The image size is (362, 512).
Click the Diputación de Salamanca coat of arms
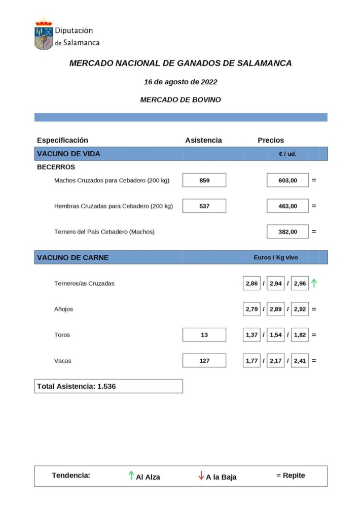(x=44, y=35)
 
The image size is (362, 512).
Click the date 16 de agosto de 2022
(x=180, y=82)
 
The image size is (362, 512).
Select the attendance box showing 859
(x=204, y=180)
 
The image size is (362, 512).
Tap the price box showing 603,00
(x=287, y=180)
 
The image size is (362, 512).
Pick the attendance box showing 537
(x=204, y=206)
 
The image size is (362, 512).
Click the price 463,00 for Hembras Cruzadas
(x=287, y=206)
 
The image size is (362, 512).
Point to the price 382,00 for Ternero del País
(x=287, y=232)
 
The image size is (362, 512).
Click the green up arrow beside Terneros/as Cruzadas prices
(x=314, y=283)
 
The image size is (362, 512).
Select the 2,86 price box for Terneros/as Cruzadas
(x=251, y=284)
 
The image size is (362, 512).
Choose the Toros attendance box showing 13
(x=204, y=335)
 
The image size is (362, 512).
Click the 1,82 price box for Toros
(x=300, y=335)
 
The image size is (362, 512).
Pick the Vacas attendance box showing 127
(x=204, y=361)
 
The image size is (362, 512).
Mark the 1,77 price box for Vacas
(x=251, y=361)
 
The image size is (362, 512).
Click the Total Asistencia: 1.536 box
(x=108, y=386)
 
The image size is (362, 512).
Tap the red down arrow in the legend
(x=201, y=476)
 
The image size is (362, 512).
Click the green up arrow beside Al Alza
(x=131, y=476)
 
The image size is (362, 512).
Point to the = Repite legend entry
(x=291, y=475)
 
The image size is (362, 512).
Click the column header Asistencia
(x=203, y=140)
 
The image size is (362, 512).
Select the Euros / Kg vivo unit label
(x=276, y=257)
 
